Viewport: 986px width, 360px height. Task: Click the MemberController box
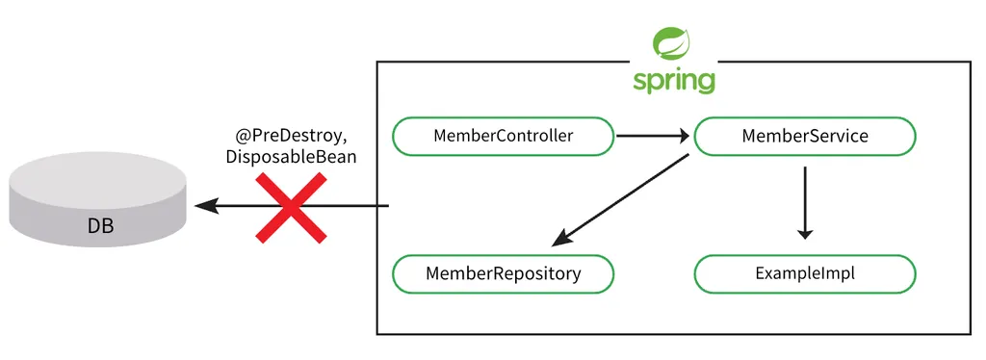[x=503, y=136]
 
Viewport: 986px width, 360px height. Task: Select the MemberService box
[x=805, y=136]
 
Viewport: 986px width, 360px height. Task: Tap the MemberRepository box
[x=503, y=274]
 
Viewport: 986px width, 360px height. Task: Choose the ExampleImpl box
[x=805, y=274]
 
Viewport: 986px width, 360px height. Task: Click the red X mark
[x=291, y=207]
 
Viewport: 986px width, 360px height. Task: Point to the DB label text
[x=100, y=226]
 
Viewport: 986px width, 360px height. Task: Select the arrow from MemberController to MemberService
[x=653, y=135]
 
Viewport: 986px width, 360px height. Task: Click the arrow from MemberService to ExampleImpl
[x=805, y=203]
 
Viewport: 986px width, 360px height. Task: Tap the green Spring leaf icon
[x=672, y=44]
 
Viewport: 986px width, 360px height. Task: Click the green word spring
[x=673, y=82]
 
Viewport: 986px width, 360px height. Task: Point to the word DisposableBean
[x=291, y=157]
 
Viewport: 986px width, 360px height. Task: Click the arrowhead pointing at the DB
[x=206, y=205]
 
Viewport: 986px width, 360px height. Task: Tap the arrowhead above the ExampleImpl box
[x=805, y=233]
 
